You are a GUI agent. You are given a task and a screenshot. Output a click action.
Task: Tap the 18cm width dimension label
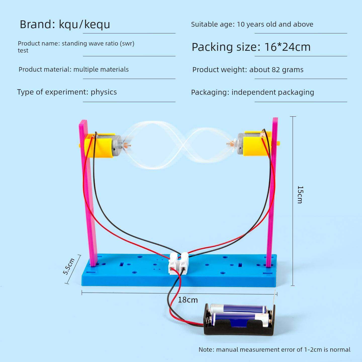pos(188,300)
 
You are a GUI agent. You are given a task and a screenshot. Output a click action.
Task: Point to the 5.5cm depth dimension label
pos(69,266)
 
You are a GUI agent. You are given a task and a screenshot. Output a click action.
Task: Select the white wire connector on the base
pos(178,263)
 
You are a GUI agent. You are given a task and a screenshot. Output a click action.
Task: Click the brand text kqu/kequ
pos(84,24)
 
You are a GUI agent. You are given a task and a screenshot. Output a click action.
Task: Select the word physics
pos(104,92)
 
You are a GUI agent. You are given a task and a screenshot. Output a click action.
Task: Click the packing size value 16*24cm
pos(287,47)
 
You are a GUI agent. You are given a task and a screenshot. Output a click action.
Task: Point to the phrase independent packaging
pos(273,92)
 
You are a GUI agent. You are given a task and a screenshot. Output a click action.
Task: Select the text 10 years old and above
pos(275,24)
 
